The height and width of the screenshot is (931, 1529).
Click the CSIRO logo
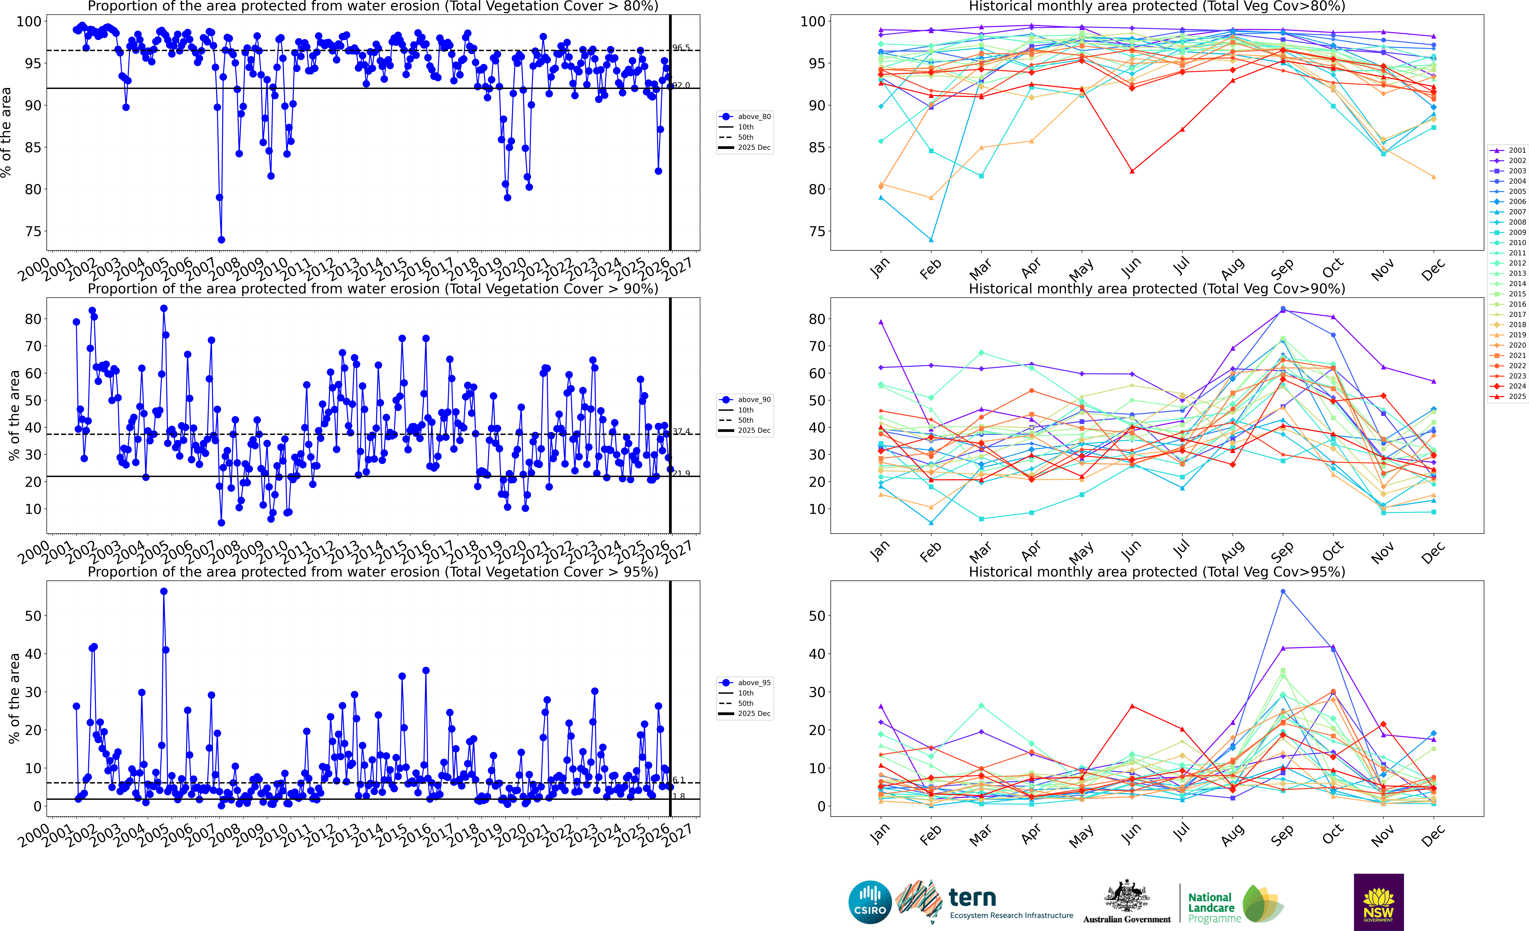click(x=870, y=902)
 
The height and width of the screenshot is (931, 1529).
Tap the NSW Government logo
click(x=1378, y=902)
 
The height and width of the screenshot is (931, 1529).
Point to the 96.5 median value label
click(x=681, y=48)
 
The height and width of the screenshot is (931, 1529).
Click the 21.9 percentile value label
click(x=681, y=474)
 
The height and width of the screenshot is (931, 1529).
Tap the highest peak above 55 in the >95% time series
click(x=164, y=592)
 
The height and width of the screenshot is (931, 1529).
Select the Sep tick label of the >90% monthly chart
click(x=1282, y=550)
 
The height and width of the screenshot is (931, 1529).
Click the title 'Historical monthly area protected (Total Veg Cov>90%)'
click(x=1157, y=289)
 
